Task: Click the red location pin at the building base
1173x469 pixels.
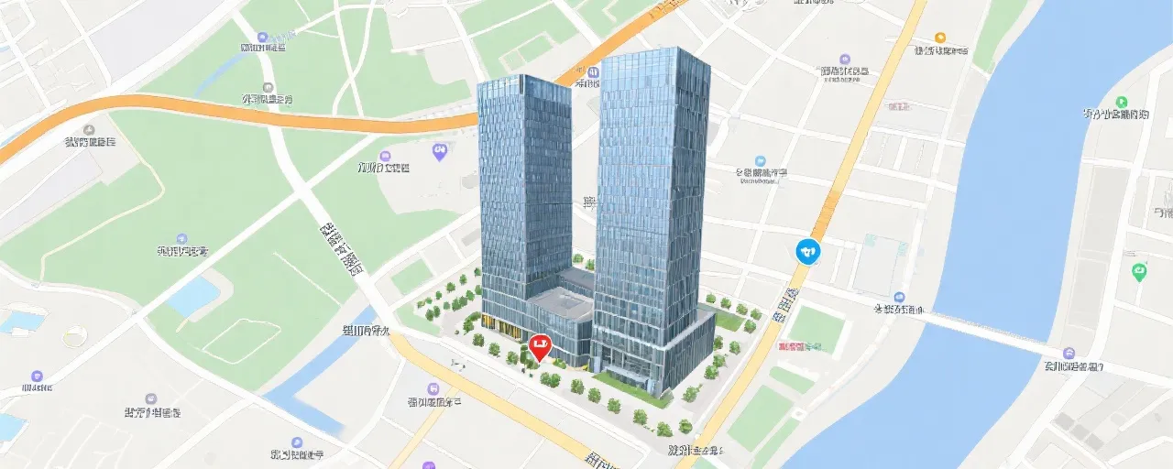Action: click(x=540, y=347)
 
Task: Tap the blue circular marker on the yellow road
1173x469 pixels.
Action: click(x=807, y=249)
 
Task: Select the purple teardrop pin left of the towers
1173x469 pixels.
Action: click(x=439, y=151)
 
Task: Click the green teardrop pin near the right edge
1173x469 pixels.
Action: click(x=1139, y=271)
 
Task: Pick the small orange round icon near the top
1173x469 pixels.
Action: click(x=938, y=38)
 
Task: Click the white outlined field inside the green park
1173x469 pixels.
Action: click(x=240, y=339)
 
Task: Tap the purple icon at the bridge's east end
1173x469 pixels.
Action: click(x=1069, y=353)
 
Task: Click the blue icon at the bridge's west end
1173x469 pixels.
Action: click(x=899, y=298)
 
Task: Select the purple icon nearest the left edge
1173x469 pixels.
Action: click(x=37, y=376)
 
